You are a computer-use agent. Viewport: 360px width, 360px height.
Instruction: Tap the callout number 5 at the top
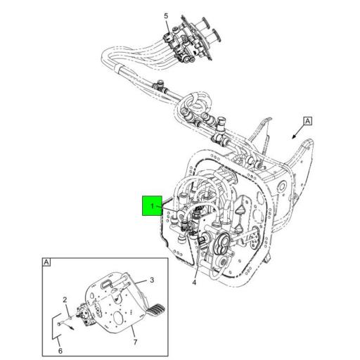(x=166, y=15)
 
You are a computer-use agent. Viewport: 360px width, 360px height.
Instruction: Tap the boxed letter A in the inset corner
(x=46, y=263)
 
